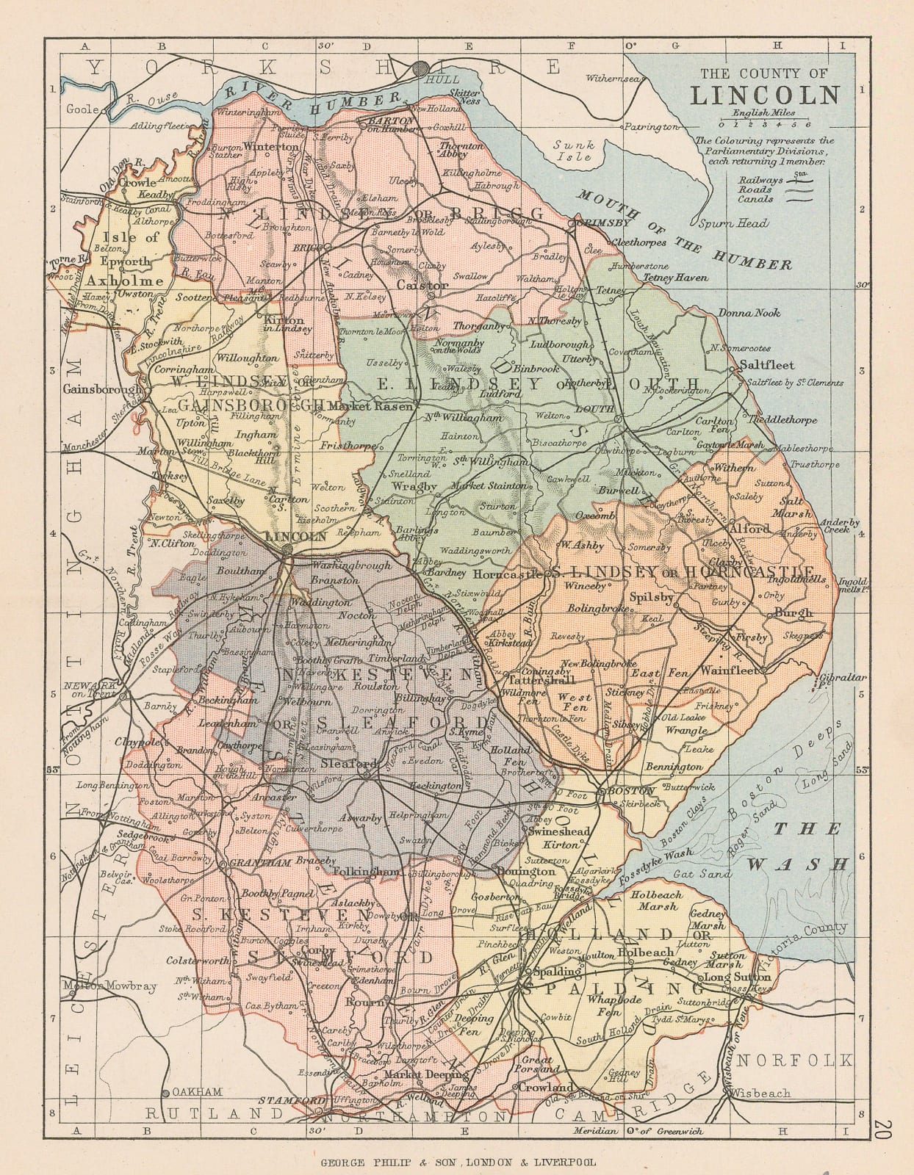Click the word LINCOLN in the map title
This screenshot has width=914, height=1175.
pyautogui.click(x=764, y=95)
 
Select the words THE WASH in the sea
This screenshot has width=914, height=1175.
pyautogui.click(x=807, y=846)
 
